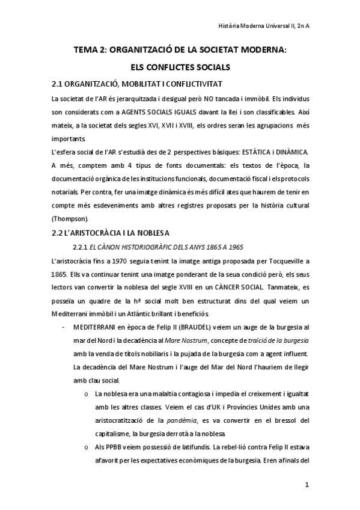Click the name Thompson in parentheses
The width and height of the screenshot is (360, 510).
[70, 218]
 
